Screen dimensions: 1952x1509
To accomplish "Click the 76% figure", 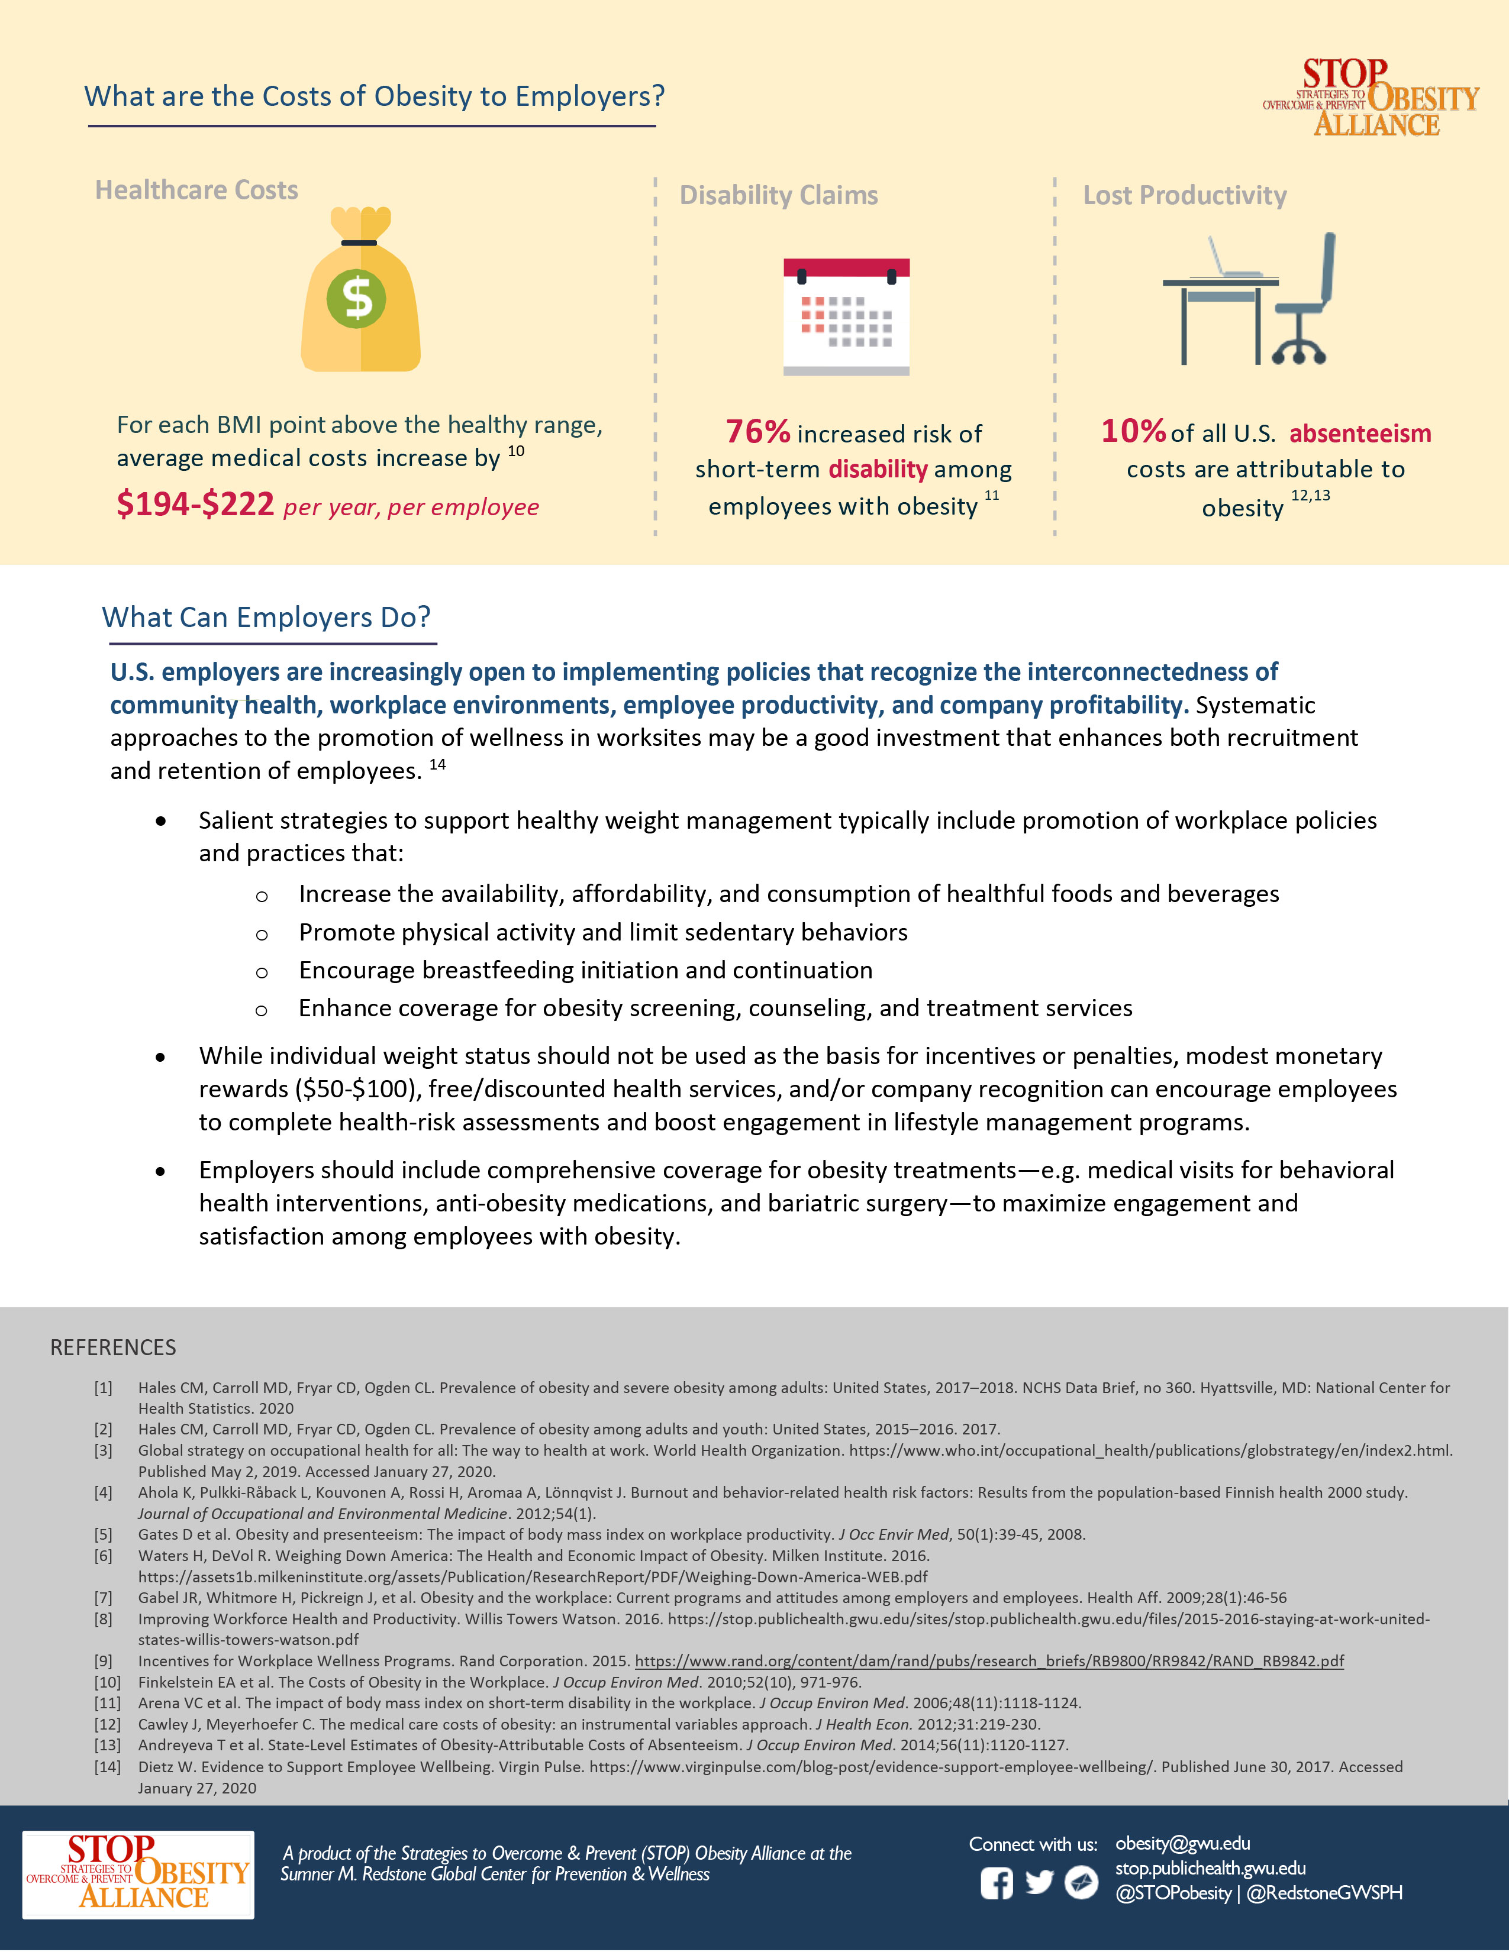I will point(757,432).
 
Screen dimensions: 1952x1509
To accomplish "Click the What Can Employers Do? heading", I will point(266,617).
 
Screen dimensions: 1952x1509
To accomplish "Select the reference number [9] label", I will point(104,1660).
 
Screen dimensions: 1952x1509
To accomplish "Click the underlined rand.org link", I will point(989,1660).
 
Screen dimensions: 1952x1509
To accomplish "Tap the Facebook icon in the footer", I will point(996,1883).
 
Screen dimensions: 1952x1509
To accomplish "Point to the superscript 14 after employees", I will point(437,764).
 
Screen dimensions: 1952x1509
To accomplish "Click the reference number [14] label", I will point(107,1766).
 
